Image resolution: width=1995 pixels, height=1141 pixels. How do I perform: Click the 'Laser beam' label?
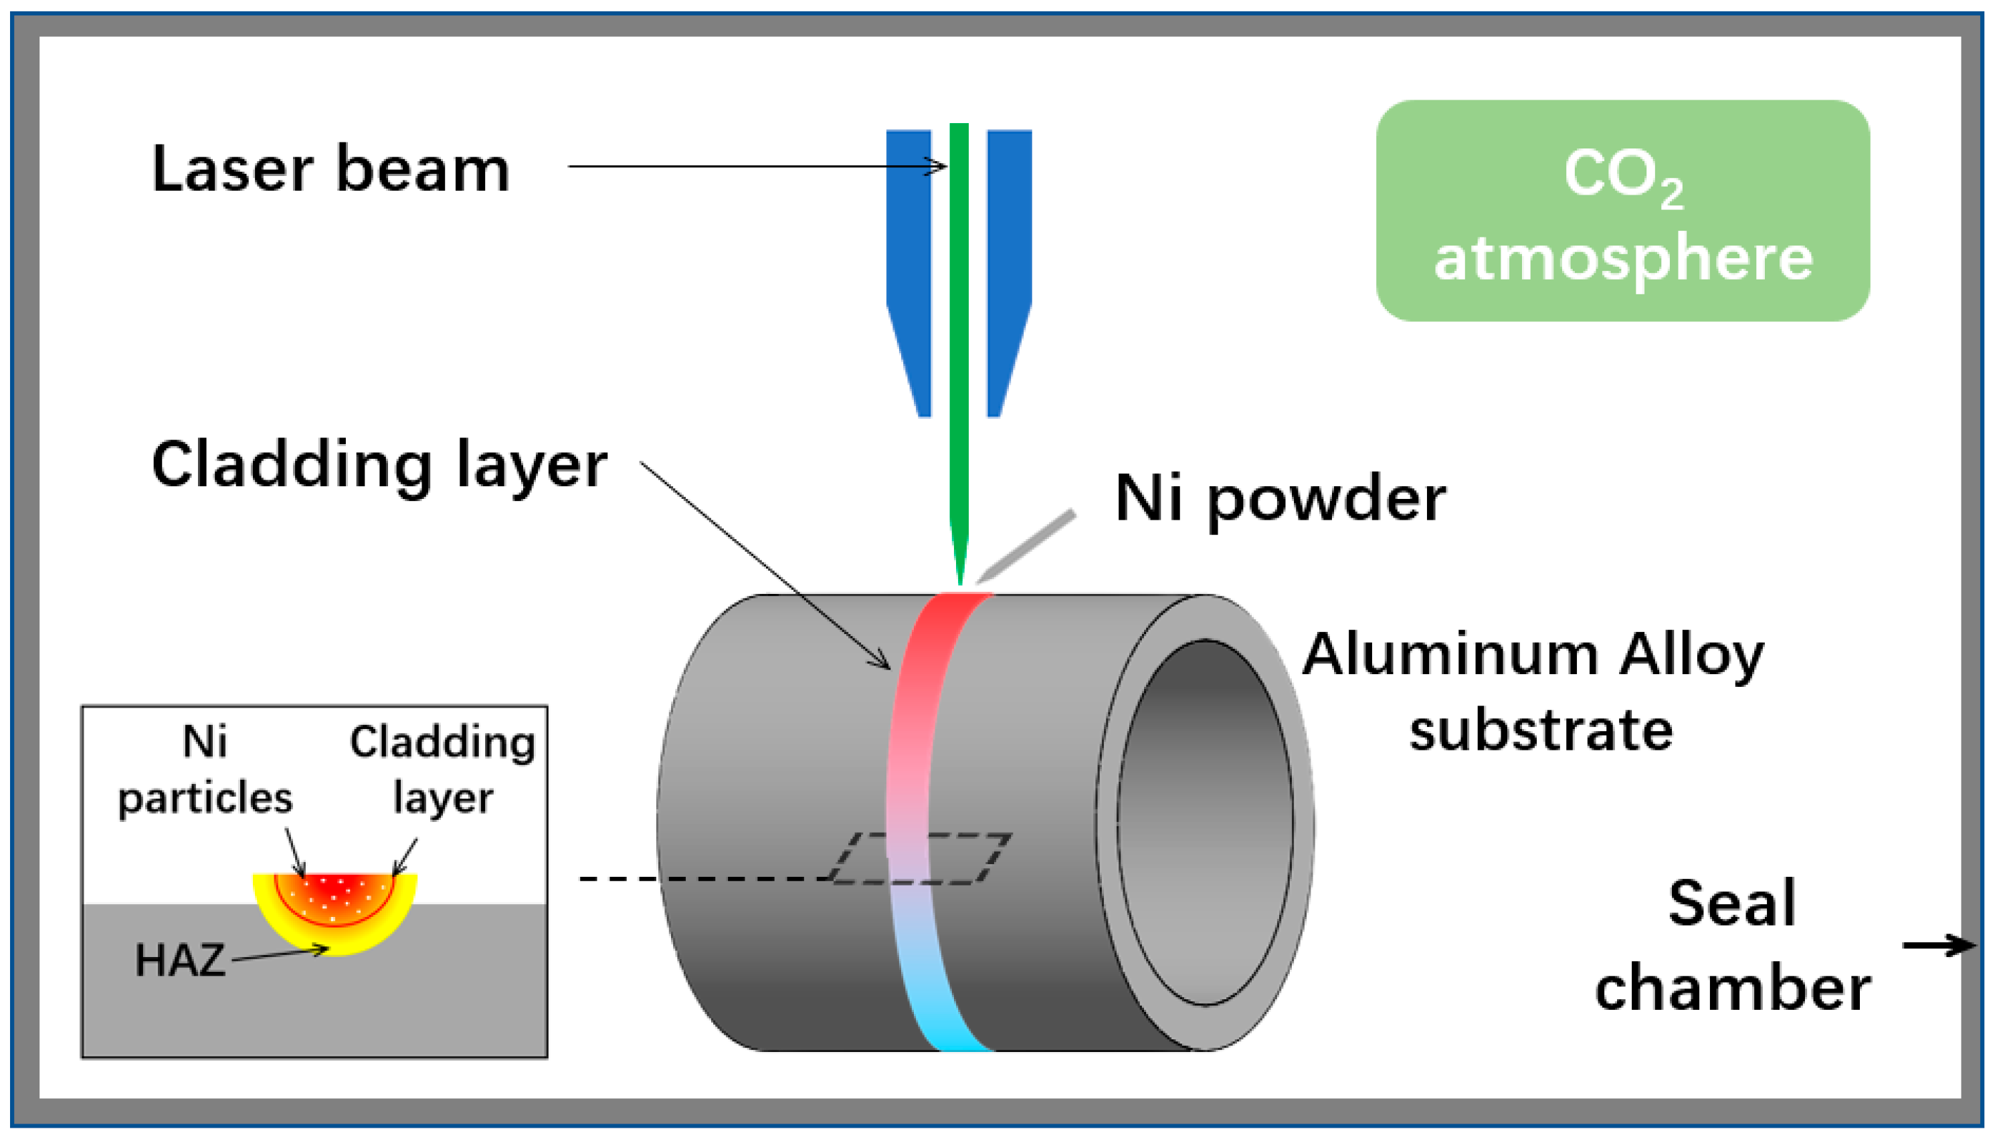tap(330, 169)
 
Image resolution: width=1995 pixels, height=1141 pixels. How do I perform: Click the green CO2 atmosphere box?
tap(1622, 210)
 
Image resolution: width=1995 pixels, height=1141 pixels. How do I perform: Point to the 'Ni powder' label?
tap(1279, 498)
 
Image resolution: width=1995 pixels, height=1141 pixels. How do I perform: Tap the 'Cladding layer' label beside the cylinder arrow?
tap(379, 465)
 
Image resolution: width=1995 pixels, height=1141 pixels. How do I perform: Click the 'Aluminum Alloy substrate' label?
tap(1533, 692)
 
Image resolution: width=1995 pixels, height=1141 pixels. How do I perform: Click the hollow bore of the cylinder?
tap(1205, 823)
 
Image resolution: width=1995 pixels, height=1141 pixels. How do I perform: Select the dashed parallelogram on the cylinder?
tap(921, 859)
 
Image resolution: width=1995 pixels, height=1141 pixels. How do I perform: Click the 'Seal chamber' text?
tap(1732, 946)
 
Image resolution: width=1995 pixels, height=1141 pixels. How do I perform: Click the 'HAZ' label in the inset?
tap(179, 961)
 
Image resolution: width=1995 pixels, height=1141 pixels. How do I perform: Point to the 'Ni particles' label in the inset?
tap(205, 770)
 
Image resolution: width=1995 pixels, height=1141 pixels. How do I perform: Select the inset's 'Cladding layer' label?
tap(442, 770)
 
